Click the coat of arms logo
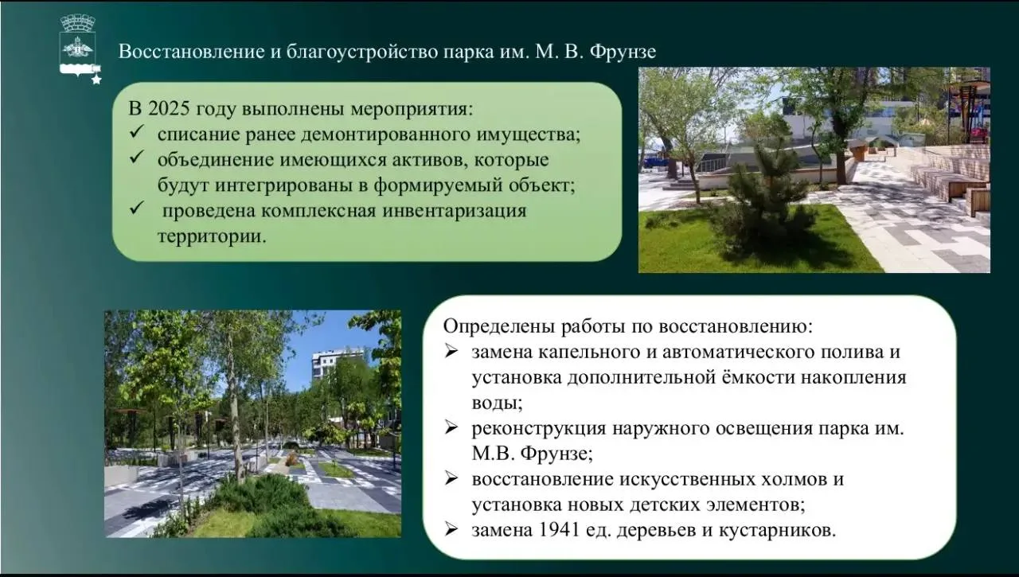[x=78, y=45]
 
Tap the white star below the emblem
[x=96, y=80]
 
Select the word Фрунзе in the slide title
[x=623, y=52]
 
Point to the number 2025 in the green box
[x=170, y=109]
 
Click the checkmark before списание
[x=136, y=132]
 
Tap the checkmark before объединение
[x=136, y=158]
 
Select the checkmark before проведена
[x=136, y=209]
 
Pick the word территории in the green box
[x=212, y=237]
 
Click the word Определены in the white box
[x=499, y=326]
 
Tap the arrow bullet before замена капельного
[x=451, y=351]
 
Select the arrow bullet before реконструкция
[x=451, y=427]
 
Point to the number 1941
[x=559, y=530]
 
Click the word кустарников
[x=778, y=531]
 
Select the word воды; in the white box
[x=498, y=404]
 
